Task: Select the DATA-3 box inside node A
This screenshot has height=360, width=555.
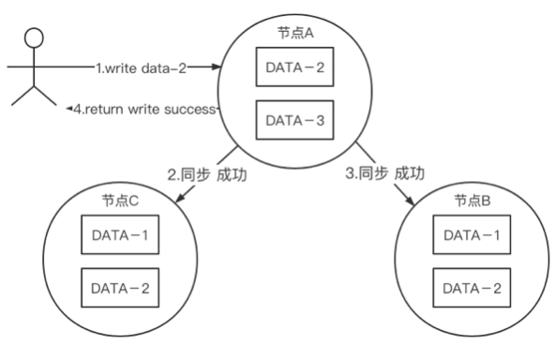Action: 294,121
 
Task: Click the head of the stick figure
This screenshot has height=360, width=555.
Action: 35,38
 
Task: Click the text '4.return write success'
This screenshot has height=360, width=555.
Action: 146,109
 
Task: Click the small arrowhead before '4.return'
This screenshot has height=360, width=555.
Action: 69,109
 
